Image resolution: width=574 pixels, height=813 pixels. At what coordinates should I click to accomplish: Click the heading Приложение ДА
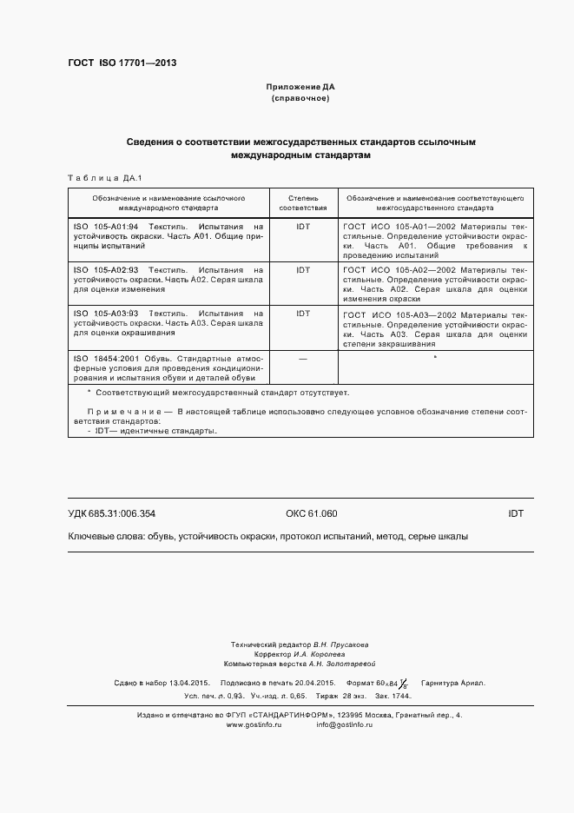click(x=300, y=88)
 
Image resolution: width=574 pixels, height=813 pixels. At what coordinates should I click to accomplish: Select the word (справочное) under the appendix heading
click(x=300, y=99)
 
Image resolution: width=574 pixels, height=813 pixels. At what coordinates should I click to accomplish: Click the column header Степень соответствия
click(x=303, y=203)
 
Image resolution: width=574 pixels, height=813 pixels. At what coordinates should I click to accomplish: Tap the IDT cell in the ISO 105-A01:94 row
click(x=303, y=225)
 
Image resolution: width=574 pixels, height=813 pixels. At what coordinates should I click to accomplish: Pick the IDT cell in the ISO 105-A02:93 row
click(x=303, y=270)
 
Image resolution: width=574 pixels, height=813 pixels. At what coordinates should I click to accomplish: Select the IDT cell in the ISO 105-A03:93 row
click(x=303, y=314)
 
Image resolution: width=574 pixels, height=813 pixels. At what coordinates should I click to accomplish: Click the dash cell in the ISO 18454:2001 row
click(x=303, y=358)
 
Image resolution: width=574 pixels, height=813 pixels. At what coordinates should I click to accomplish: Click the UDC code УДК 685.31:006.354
click(x=111, y=513)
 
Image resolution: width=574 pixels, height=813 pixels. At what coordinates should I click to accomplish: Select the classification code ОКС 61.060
click(x=311, y=513)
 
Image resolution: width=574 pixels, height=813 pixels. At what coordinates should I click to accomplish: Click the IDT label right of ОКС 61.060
click(x=515, y=513)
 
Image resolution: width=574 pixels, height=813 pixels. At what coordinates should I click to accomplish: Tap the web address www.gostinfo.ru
click(x=254, y=724)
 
